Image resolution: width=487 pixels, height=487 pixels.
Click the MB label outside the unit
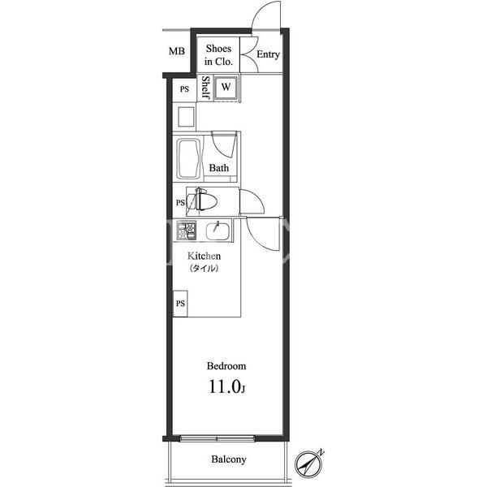pos(176,51)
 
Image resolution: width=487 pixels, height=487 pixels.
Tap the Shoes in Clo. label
pos(218,55)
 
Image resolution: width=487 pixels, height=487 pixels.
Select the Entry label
pos(268,54)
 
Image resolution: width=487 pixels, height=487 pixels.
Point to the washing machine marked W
pos(226,88)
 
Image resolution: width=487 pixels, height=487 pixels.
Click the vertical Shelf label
pos(205,88)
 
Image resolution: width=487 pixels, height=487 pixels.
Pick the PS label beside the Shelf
pos(184,89)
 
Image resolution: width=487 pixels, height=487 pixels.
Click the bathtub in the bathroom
pos(188,159)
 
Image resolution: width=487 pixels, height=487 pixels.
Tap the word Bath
pos(219,168)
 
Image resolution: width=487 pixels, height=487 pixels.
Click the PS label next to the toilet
pos(180,203)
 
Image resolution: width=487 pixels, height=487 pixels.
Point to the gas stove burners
pos(187,231)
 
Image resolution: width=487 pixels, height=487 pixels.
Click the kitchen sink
pos(218,231)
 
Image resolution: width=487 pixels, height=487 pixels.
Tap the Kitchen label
pos(204,256)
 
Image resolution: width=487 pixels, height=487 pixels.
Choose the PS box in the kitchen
pos(180,304)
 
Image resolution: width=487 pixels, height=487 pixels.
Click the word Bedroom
pos(226,366)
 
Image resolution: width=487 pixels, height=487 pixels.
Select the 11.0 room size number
pos(225,386)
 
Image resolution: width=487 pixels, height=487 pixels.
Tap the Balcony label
pos(229,459)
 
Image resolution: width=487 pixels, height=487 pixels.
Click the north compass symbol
pos(308,464)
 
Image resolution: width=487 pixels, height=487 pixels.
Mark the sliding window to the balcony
pos(218,438)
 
